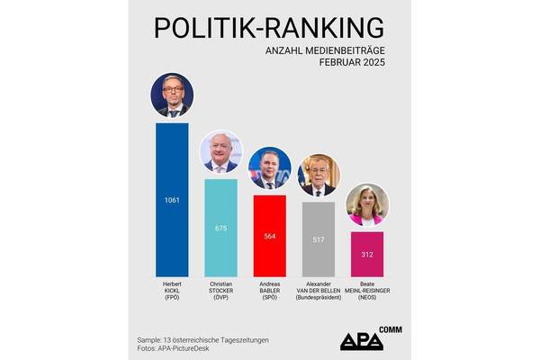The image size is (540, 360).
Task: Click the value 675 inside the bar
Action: (x=221, y=228)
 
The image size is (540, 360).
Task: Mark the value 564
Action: (x=269, y=236)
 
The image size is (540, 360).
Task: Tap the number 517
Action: (x=318, y=239)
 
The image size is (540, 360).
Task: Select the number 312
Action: (x=366, y=254)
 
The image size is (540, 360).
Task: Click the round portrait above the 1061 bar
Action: (x=172, y=96)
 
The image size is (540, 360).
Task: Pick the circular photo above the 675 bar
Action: (x=220, y=152)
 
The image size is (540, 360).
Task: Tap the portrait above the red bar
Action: (x=269, y=168)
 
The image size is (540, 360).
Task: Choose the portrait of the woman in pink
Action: (x=366, y=205)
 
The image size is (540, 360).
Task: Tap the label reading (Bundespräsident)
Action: (x=318, y=298)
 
